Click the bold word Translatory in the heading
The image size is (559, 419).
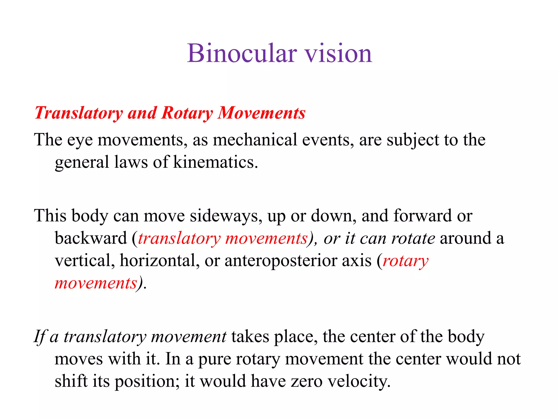[x=79, y=113]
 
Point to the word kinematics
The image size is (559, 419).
[x=215, y=162]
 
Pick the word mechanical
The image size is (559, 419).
[x=255, y=140]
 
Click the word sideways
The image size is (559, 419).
[x=224, y=216]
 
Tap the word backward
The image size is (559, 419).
[x=91, y=238]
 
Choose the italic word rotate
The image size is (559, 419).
[x=413, y=238]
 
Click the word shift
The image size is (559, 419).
[x=71, y=381]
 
